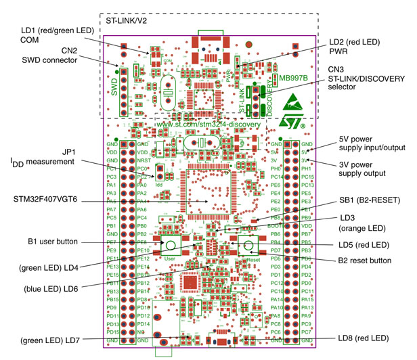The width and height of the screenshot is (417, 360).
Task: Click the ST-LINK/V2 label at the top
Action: pyautogui.click(x=129, y=21)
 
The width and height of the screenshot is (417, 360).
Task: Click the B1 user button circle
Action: pyautogui.click(x=171, y=246)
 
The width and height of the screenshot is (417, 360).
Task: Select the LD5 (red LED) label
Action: pyautogui.click(x=367, y=244)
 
